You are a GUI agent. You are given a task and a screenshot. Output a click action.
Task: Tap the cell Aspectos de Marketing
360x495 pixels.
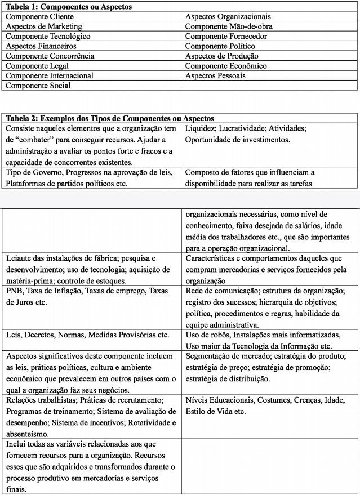pyautogui.click(x=43, y=26)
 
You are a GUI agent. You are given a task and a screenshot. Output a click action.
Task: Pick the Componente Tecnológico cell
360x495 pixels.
pyautogui.click(x=47, y=36)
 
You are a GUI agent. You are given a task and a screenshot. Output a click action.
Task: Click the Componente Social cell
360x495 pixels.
pyautogui.click(x=38, y=86)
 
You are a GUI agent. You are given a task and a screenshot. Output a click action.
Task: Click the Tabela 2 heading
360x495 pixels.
pyautogui.click(x=109, y=118)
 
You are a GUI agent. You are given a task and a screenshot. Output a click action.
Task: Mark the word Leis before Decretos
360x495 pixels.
pyautogui.click(x=14, y=335)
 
